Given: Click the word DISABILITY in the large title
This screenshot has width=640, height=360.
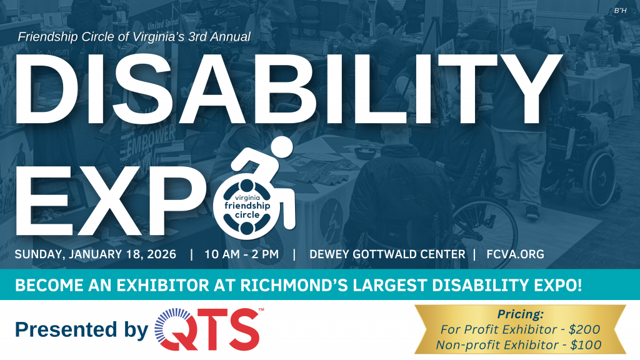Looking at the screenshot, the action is (x=288, y=89).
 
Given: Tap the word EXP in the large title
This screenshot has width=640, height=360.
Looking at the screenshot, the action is (x=109, y=201).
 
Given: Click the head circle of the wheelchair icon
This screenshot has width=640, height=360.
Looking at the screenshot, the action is (x=281, y=147).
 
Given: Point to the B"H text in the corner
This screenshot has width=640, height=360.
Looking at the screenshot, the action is (x=620, y=11).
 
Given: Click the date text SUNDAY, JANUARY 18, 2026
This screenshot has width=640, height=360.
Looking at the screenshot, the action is (x=96, y=254).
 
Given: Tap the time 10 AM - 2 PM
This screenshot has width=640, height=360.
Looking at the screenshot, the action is (x=242, y=254).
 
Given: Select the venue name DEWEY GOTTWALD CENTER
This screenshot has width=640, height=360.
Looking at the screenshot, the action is (x=387, y=254).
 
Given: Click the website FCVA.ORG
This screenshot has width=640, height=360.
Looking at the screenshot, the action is (x=515, y=254).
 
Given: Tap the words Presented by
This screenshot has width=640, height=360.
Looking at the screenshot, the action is (x=82, y=329).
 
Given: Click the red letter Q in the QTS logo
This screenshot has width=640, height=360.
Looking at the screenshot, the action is (x=173, y=329).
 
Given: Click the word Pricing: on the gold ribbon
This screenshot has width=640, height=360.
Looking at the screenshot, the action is (x=521, y=314).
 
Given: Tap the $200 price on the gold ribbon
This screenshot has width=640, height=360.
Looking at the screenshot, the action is (x=584, y=329).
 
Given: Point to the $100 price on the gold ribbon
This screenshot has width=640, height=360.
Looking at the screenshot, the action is (x=586, y=345).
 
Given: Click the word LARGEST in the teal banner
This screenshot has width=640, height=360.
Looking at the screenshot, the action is (x=390, y=285).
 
